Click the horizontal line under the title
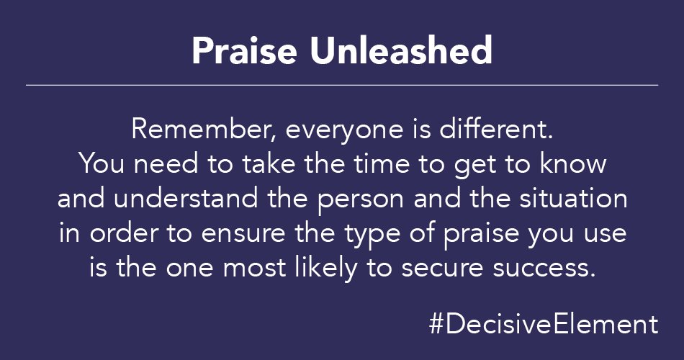tap(342, 85)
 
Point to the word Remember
tap(189, 130)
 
